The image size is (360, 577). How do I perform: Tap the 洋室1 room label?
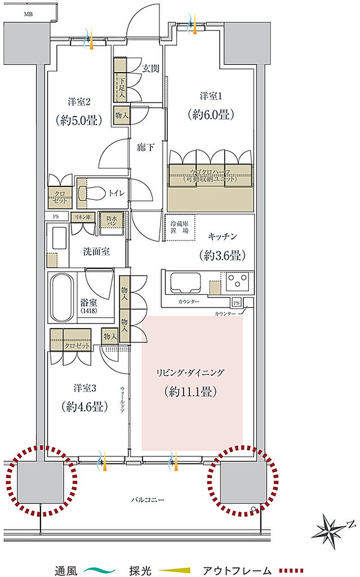pos(211,95)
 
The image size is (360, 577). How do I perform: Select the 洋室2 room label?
pos(80,102)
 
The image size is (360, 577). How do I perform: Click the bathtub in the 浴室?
pos(63,296)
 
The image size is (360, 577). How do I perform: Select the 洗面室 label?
pos(97,251)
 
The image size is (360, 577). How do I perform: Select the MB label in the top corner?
pos(28,13)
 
